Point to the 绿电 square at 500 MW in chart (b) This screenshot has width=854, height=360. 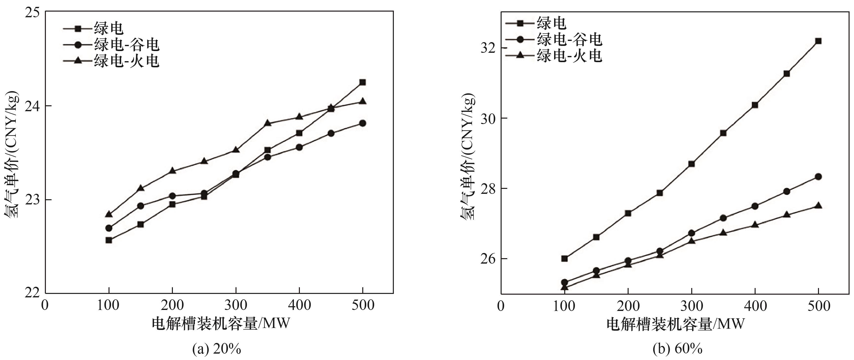coord(818,41)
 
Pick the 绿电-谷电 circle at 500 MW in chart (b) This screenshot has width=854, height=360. coord(818,177)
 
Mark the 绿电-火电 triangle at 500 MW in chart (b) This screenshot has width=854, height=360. coord(818,206)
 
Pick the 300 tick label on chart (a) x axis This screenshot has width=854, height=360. coord(235,305)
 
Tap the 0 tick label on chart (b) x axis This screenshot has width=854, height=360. coord(501,306)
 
